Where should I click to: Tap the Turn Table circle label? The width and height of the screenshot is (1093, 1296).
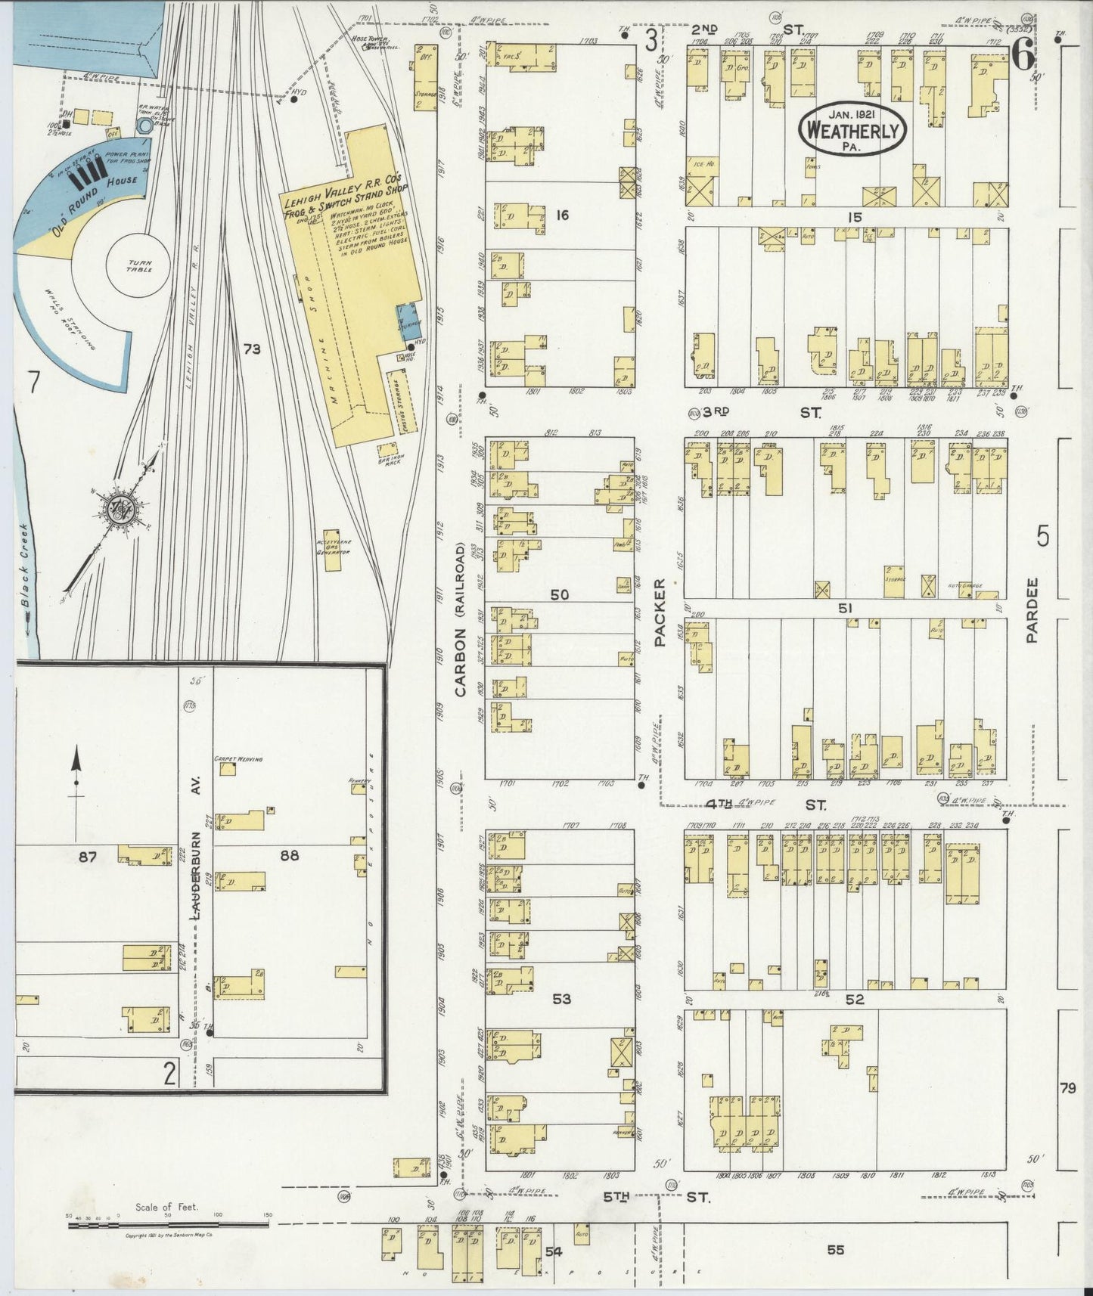pos(139,265)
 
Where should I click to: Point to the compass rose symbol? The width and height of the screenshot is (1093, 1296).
pos(120,507)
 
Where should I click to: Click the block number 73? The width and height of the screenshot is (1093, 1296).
pos(251,349)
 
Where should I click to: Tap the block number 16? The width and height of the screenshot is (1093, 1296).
pos(561,215)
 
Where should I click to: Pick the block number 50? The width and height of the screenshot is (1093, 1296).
pos(559,595)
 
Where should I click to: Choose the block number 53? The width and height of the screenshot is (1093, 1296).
pos(561,999)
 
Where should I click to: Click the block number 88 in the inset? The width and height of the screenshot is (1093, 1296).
pos(289,856)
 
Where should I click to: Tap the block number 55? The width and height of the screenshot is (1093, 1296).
pos(835,1250)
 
